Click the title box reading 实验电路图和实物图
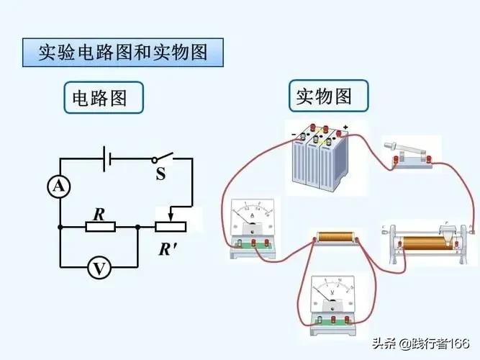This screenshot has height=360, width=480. coord(122,53)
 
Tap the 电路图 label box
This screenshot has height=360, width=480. coord(103,97)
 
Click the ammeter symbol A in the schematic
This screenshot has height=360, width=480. coord(59,187)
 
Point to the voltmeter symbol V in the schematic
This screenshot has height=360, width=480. coord(99,269)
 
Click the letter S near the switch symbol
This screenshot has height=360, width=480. coord(160,174)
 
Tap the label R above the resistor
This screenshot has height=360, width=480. coord(99,213)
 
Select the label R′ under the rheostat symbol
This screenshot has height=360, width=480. coord(168,250)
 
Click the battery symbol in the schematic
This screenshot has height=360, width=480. coord(106,157)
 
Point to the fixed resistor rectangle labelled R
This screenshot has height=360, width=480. coord(100,227)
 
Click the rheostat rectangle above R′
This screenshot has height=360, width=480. coord(171,227)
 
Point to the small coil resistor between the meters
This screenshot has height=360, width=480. coord(335,237)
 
